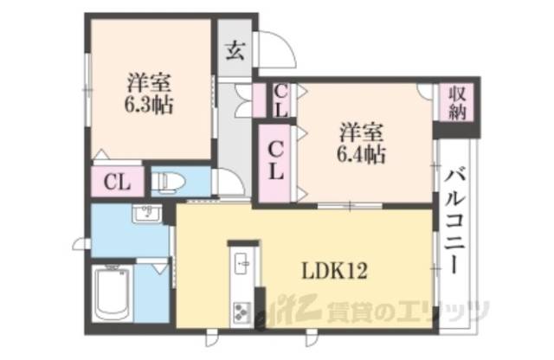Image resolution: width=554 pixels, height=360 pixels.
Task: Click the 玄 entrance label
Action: click(235, 49)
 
